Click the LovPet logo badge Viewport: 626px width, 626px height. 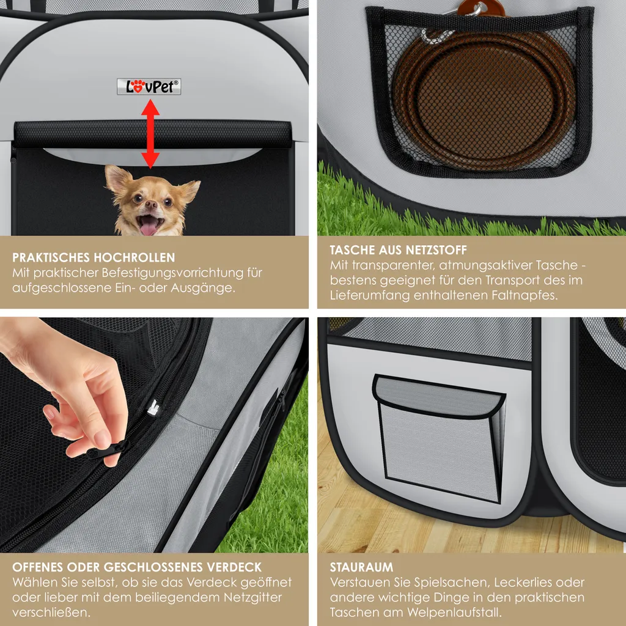149,87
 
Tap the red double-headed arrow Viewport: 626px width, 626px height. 150,134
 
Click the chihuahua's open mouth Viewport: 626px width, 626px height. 149,225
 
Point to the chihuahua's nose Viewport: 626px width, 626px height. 151,205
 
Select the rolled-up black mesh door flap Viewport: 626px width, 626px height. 152,134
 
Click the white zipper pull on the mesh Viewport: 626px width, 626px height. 153,408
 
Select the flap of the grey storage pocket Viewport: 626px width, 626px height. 439,396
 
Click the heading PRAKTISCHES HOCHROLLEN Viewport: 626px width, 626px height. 94,257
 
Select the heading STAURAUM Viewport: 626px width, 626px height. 361,567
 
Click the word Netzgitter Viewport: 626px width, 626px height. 252,598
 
